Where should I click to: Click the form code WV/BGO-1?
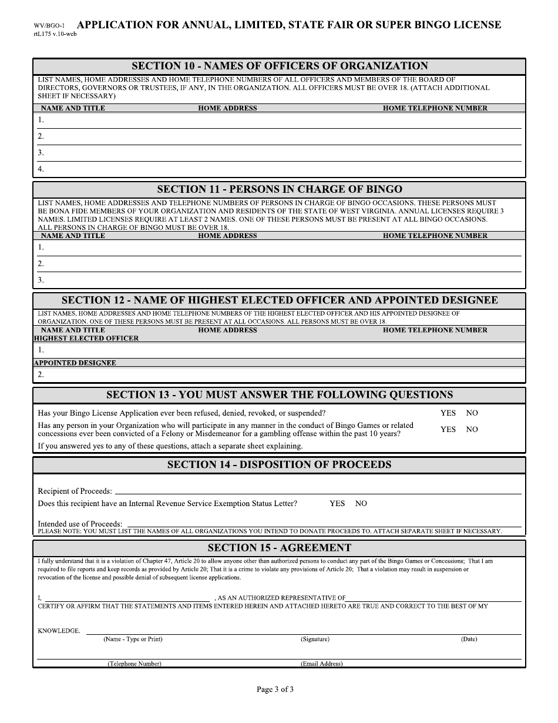[x=49, y=26]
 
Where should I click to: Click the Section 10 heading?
[x=279, y=66]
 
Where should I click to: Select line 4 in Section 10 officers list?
[x=279, y=169]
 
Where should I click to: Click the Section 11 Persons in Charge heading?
[x=279, y=189]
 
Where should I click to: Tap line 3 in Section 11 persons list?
[x=279, y=280]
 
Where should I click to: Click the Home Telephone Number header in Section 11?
[x=435, y=236]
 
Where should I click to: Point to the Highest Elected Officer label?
[x=86, y=339]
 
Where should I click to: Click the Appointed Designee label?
[x=75, y=363]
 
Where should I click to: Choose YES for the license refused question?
[x=448, y=413]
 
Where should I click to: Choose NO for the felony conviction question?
[x=472, y=430]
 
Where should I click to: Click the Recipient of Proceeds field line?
[x=317, y=491]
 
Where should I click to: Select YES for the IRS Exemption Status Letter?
[x=337, y=504]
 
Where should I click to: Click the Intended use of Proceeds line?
[x=323, y=524]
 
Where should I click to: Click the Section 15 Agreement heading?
[x=279, y=548]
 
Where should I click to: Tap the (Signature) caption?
[x=315, y=639]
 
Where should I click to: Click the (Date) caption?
[x=469, y=639]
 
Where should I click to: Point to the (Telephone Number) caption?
[x=134, y=664]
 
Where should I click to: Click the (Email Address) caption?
[x=321, y=664]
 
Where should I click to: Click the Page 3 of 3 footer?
[x=275, y=689]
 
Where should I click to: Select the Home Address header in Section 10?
[x=227, y=108]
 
